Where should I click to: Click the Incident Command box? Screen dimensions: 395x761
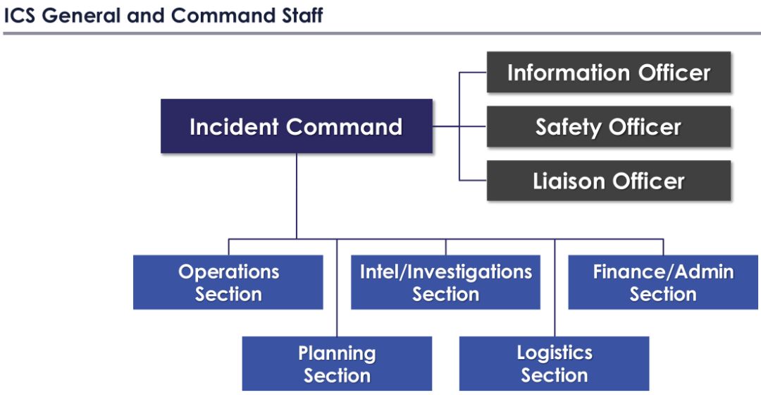click(x=296, y=126)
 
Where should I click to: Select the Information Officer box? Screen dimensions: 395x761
click(x=609, y=73)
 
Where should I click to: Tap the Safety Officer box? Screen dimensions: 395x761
click(x=609, y=127)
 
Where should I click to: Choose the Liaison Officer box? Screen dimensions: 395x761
click(x=609, y=181)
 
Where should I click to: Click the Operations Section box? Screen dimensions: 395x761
click(x=228, y=282)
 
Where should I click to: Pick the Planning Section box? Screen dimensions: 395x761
click(x=337, y=364)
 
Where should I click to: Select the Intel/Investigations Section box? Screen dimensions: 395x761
click(x=445, y=282)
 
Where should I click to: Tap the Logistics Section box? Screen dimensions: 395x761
click(x=555, y=364)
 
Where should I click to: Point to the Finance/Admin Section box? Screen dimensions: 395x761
click(x=663, y=282)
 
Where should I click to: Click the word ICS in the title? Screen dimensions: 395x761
click(x=20, y=15)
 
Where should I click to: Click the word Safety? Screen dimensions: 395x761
click(x=569, y=127)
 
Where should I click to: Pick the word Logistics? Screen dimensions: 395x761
click(x=555, y=353)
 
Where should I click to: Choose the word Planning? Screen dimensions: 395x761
click(x=337, y=353)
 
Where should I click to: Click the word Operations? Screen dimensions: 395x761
click(x=228, y=272)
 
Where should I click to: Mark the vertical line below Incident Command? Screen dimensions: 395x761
click(x=297, y=195)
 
